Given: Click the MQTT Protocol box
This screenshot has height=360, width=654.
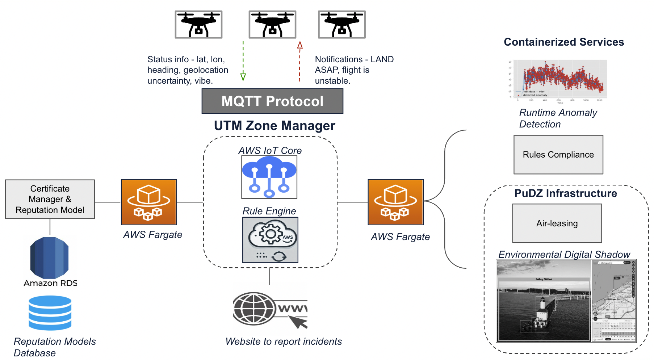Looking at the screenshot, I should click(x=272, y=101).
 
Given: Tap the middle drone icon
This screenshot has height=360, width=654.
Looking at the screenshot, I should click(x=272, y=24).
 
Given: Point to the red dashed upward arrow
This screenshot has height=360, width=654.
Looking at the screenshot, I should click(x=299, y=62).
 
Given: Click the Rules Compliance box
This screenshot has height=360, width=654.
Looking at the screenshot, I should click(x=558, y=155).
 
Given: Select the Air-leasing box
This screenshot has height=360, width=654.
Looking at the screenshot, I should click(x=557, y=223).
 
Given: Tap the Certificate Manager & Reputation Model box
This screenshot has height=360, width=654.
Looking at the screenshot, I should click(x=50, y=199).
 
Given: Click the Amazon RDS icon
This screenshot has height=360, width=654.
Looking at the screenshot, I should click(x=50, y=258).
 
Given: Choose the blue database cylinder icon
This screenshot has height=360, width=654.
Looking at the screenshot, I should click(x=50, y=313).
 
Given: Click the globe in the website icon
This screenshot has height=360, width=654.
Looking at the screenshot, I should click(x=254, y=309).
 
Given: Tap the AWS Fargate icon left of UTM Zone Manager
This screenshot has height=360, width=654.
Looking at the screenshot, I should click(x=149, y=202).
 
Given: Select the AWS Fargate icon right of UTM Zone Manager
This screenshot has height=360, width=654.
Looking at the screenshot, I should click(x=395, y=202).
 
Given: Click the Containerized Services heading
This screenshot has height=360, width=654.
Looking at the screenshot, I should click(x=564, y=42).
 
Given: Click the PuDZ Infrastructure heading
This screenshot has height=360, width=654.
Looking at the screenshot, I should click(x=566, y=193).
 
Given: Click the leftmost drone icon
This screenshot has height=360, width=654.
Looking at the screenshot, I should click(x=198, y=24).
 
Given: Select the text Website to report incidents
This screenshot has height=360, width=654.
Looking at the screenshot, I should click(x=284, y=342).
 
